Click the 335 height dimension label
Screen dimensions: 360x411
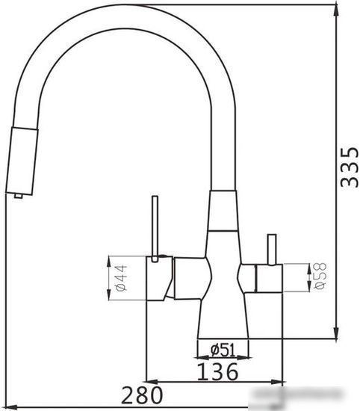350,167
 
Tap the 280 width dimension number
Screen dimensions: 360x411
142,395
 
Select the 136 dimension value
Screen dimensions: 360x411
217,371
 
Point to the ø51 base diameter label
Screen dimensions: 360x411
223,350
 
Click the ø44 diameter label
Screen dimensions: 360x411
121,278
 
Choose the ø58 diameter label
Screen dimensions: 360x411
320,276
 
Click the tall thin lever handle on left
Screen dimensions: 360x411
155,229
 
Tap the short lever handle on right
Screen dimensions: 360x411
272,250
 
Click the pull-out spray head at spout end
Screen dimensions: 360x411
22,161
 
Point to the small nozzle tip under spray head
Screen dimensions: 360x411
19,196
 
